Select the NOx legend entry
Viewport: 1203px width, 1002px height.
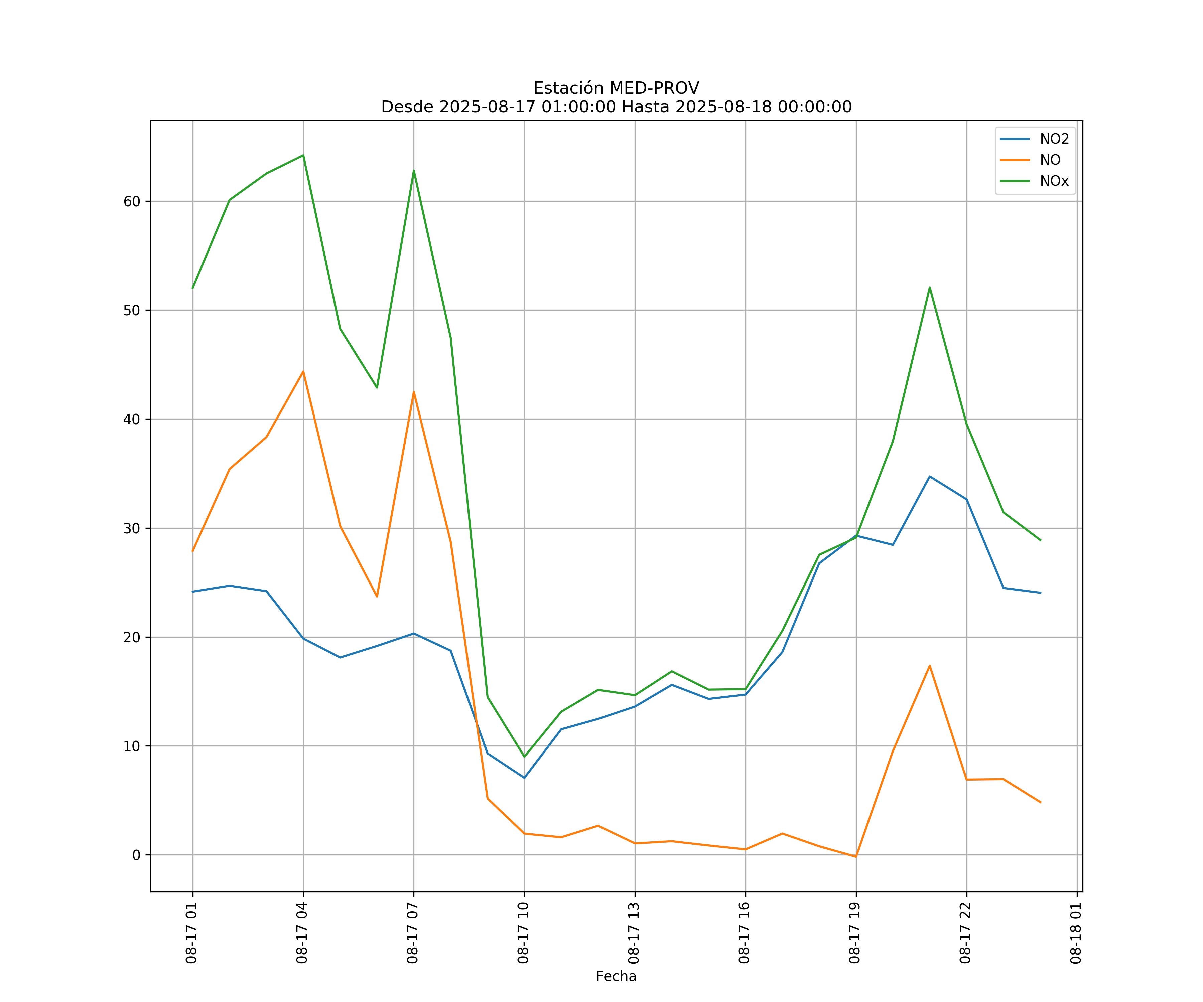pyautogui.click(x=1054, y=181)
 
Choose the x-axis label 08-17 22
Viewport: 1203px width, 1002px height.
pyautogui.click(x=966, y=933)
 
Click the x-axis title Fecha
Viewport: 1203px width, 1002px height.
pyautogui.click(x=616, y=976)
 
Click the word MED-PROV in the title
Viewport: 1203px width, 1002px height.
pyautogui.click(x=654, y=88)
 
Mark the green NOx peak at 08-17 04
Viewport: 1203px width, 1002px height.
pyautogui.click(x=303, y=155)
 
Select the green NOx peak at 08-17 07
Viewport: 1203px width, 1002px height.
pyautogui.click(x=414, y=171)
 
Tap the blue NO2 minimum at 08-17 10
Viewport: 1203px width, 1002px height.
pyautogui.click(x=524, y=778)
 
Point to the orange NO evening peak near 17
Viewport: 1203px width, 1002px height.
pyautogui.click(x=930, y=665)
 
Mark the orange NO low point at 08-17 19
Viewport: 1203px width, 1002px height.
pyautogui.click(x=856, y=857)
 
